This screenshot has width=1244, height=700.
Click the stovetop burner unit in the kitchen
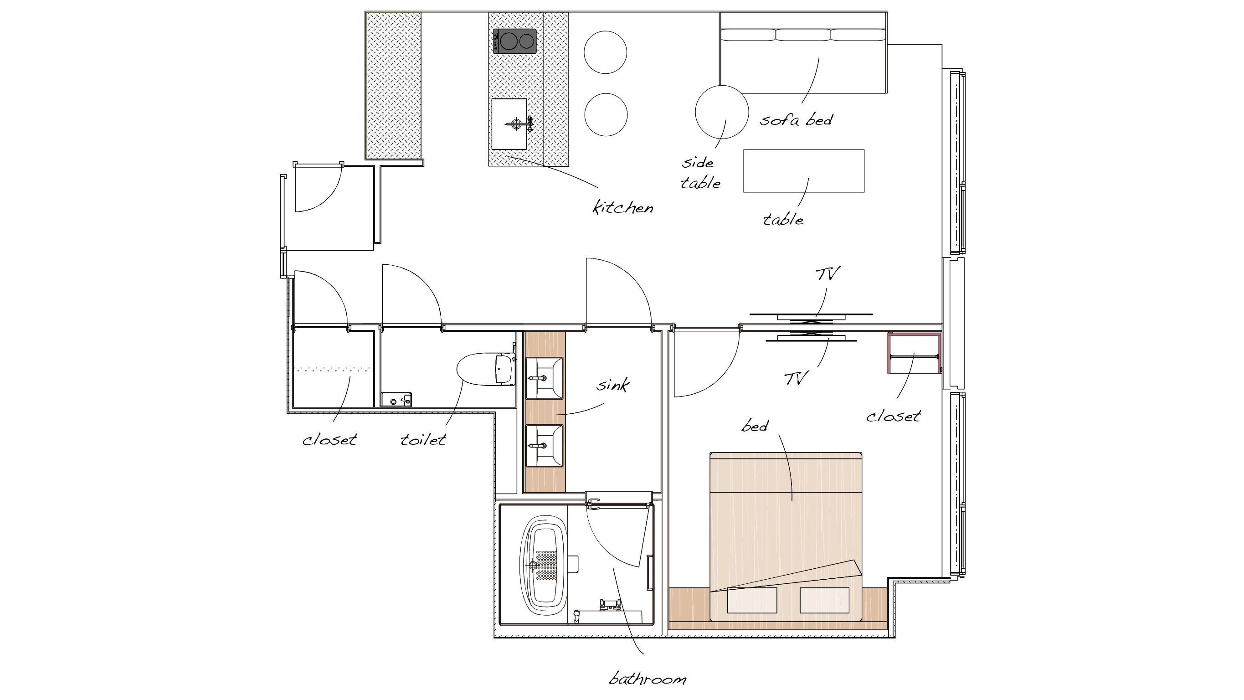[514, 41]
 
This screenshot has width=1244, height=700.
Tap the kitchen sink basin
[509, 124]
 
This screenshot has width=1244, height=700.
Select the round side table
[721, 112]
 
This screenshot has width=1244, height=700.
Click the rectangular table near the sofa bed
[803, 171]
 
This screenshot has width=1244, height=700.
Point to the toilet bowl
[485, 370]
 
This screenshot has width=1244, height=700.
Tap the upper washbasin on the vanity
[544, 378]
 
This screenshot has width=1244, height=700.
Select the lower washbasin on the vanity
[544, 445]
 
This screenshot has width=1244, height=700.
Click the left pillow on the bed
[752, 600]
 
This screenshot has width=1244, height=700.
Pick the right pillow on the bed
[824, 600]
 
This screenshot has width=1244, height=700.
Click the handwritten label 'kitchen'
[623, 207]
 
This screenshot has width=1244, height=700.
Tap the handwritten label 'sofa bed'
[796, 119]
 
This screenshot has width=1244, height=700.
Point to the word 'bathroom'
[647, 679]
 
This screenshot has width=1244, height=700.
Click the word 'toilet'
[423, 439]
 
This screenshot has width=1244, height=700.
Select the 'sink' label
[613, 385]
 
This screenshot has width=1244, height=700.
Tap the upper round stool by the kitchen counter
[606, 52]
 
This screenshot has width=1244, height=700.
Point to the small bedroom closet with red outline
[914, 353]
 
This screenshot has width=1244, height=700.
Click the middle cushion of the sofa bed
[803, 35]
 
